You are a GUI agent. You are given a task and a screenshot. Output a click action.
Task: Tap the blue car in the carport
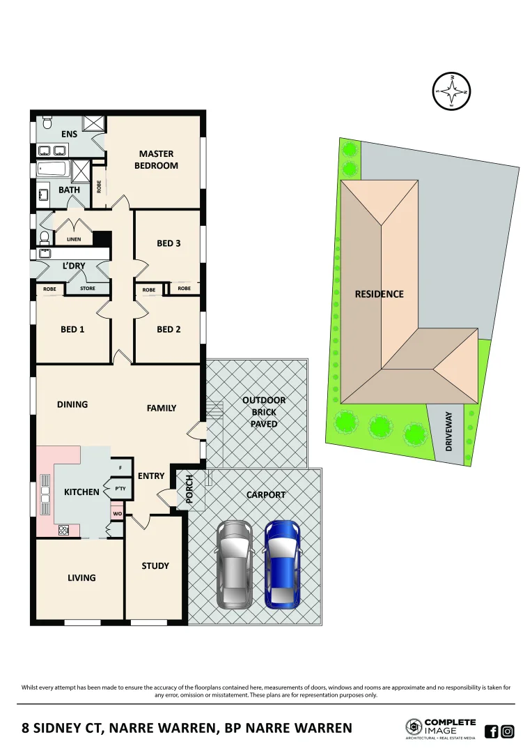pyautogui.click(x=282, y=563)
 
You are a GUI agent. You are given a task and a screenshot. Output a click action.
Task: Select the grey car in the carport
pyautogui.click(x=235, y=563)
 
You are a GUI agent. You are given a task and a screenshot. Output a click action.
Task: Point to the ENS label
pyautogui.click(x=69, y=134)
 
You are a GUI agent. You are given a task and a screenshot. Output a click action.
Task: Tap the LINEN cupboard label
pyautogui.click(x=74, y=239)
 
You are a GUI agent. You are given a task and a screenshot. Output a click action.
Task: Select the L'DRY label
pyautogui.click(x=74, y=266)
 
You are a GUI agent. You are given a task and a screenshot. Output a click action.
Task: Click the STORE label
pyautogui.click(x=88, y=288)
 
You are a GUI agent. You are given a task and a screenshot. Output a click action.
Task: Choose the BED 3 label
pyautogui.click(x=169, y=243)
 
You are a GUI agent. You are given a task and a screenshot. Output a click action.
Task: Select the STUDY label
pyautogui.click(x=155, y=565)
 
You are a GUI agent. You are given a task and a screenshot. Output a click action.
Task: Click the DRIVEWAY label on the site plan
pyautogui.click(x=449, y=430)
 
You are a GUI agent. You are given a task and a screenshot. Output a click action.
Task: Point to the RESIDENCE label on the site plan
pyautogui.click(x=379, y=294)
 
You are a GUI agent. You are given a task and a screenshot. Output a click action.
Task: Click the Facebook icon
pyautogui.click(x=491, y=731)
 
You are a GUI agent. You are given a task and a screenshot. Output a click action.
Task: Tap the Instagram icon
pyautogui.click(x=508, y=731)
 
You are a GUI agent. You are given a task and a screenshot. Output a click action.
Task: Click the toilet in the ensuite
pyautogui.click(x=47, y=123)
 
